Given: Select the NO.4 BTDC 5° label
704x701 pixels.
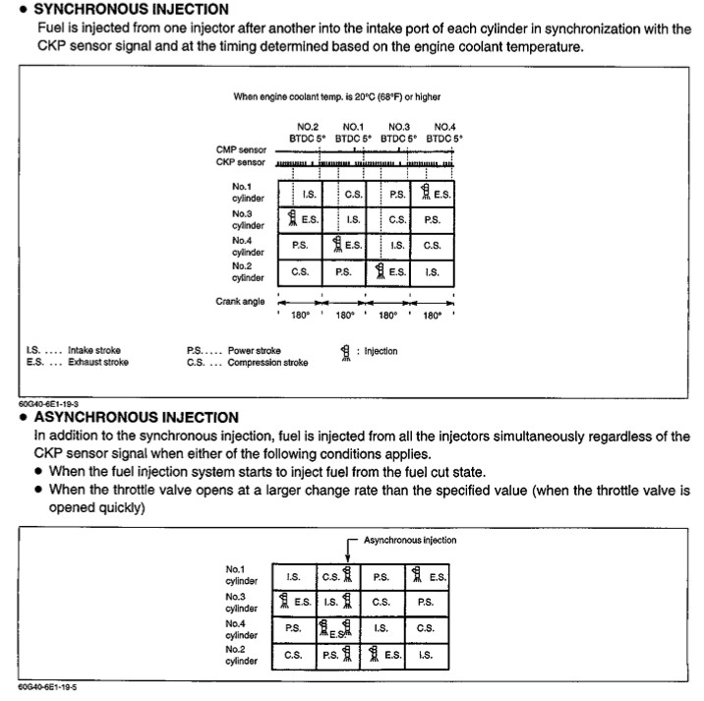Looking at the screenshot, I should point(444,133).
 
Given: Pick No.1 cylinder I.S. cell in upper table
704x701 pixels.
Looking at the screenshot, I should point(308,195).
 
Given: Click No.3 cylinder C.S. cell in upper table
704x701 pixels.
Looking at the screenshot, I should point(397,220).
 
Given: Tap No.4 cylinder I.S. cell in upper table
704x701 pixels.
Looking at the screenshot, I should point(397,245).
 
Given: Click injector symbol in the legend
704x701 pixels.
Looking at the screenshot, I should point(344,352).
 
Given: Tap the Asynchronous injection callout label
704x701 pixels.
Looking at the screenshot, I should point(409,540).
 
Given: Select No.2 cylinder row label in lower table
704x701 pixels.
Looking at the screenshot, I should point(242,655).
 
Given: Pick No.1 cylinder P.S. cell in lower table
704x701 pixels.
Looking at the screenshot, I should point(381,575).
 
